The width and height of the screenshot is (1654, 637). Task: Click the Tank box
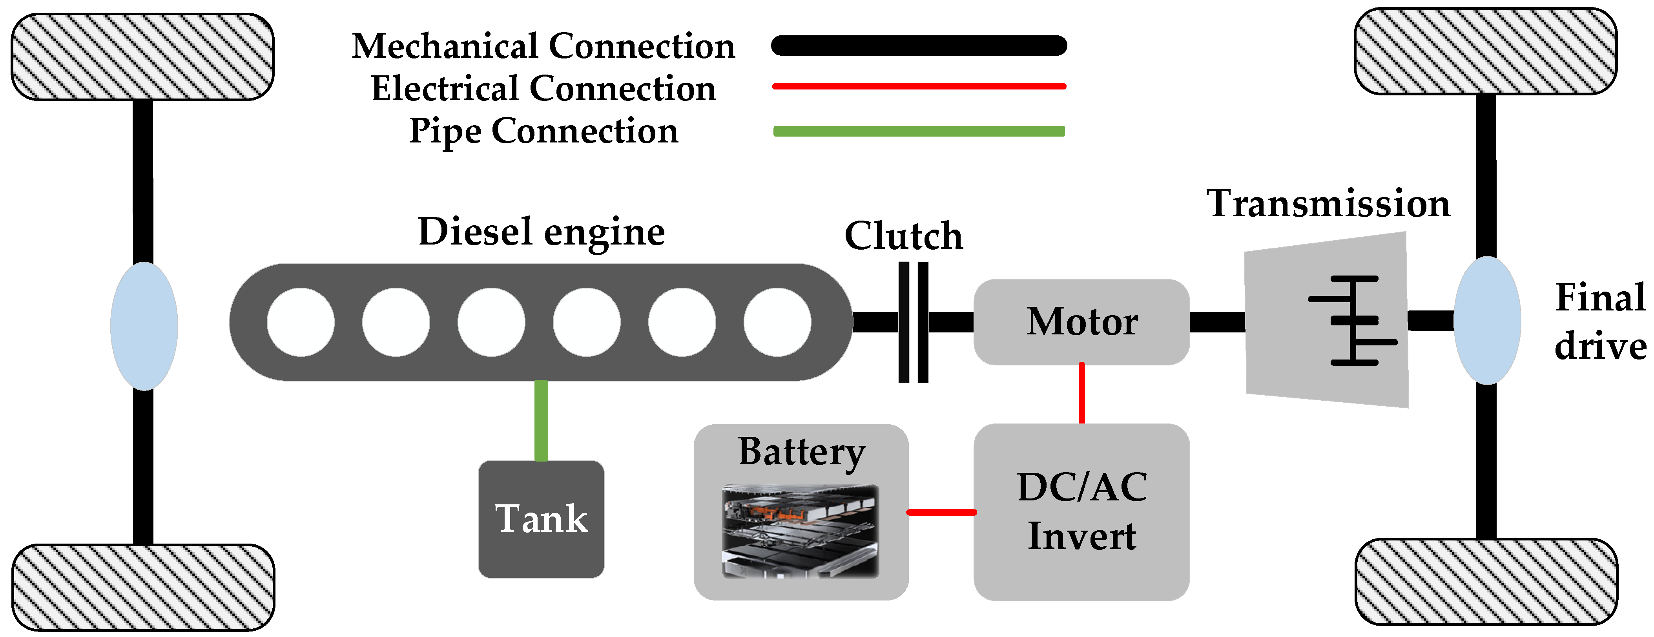coord(541,519)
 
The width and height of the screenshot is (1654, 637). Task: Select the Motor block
coord(1082,322)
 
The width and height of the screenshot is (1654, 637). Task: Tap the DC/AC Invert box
coord(1082,512)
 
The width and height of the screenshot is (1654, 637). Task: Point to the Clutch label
coord(903,235)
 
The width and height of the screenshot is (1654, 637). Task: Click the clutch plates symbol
coord(914,322)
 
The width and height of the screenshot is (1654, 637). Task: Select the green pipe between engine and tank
coord(541,421)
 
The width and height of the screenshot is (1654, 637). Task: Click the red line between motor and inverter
coord(1082,394)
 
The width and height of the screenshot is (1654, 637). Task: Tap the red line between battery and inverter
coord(941,513)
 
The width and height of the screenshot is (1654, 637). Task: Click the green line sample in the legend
coord(919,131)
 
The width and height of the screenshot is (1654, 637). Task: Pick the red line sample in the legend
coord(919,86)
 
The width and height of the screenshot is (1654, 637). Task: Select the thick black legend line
coord(919,46)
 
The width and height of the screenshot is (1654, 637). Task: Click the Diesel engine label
coord(541,232)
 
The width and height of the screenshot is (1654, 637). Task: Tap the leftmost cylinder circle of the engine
coord(301,322)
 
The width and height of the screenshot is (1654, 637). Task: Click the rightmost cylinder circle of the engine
coord(777,322)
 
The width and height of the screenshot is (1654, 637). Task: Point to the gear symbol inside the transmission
coord(1352,320)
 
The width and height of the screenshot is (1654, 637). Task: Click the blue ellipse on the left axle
coord(144,325)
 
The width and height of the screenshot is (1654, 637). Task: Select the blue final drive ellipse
coord(1487,320)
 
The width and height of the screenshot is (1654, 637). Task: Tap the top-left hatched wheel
coord(142,57)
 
